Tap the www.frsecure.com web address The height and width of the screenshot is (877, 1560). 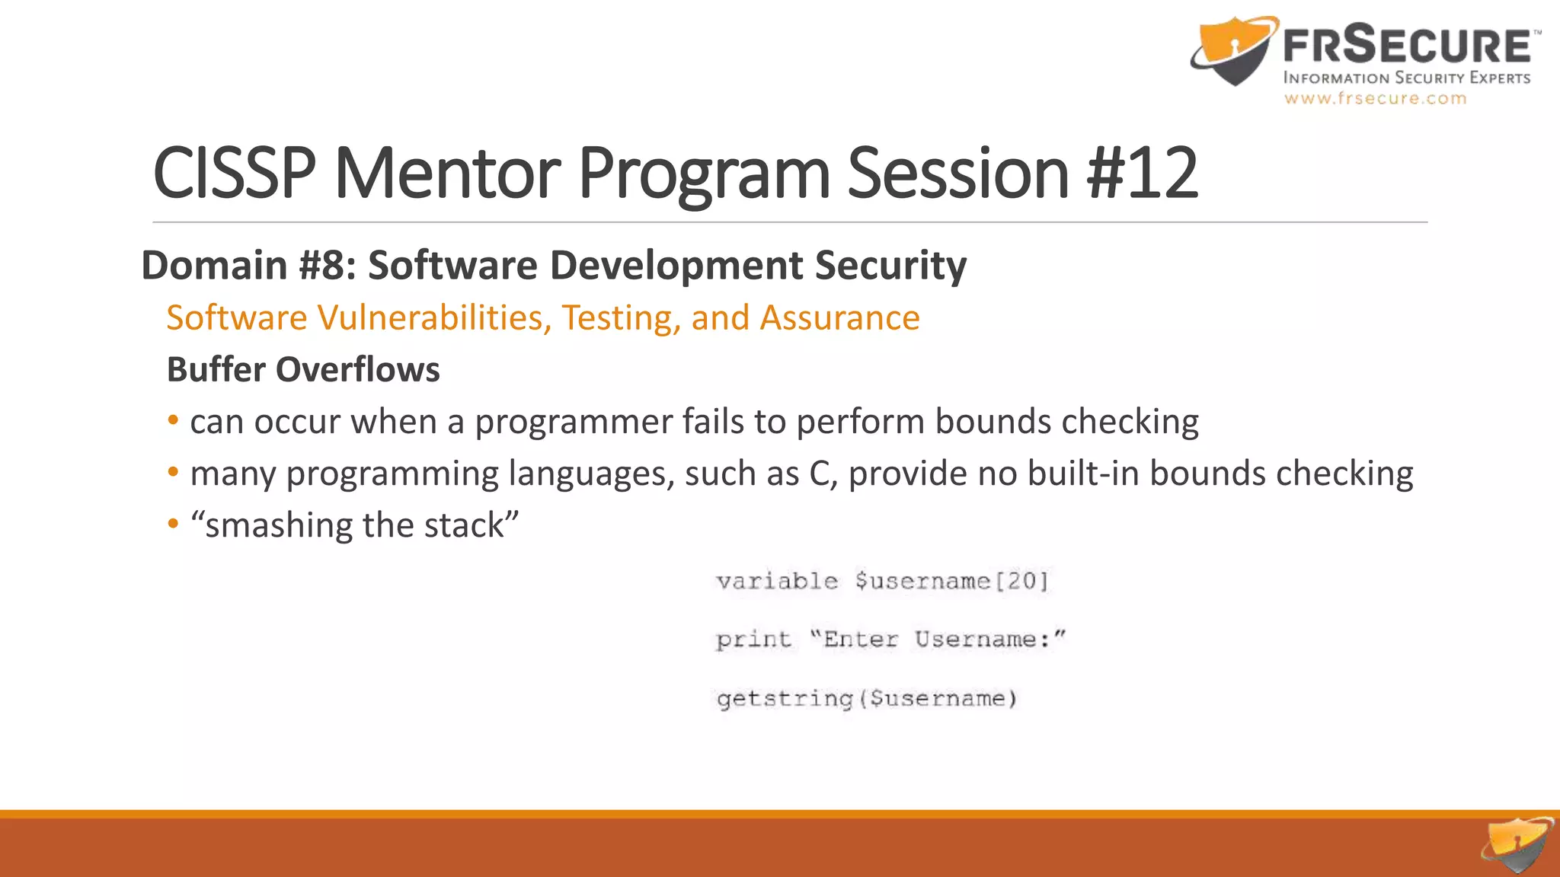tap(1375, 98)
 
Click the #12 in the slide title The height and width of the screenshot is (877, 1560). tap(1143, 174)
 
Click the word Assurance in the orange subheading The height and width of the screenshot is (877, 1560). tap(839, 317)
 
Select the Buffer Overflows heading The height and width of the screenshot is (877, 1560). tap(303, 370)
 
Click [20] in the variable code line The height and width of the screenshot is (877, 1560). tap(1022, 582)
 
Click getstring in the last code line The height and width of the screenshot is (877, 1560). tap(785, 699)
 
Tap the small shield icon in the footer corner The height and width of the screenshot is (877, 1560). tap(1517, 845)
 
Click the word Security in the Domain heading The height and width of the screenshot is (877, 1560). tap(890, 266)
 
